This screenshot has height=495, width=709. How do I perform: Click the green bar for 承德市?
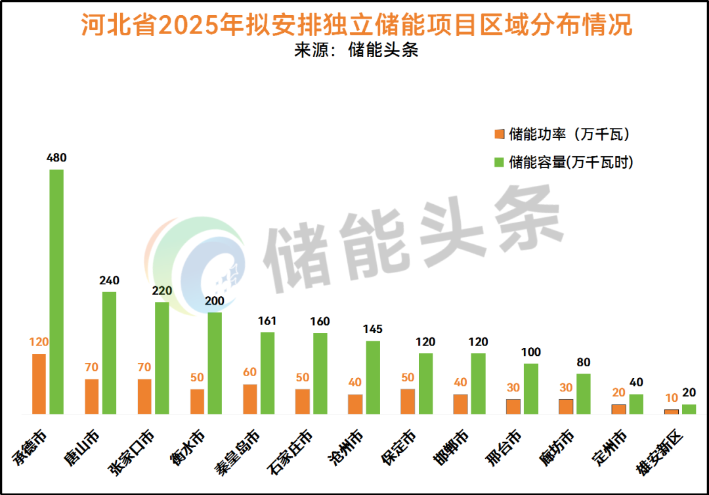[56, 292]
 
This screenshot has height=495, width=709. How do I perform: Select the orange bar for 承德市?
[39, 384]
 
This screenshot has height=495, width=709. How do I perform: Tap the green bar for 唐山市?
[109, 353]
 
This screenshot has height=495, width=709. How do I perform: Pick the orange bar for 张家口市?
[144, 397]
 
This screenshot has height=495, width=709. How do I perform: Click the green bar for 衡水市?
[215, 363]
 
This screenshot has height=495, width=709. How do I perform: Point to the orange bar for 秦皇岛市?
[249, 399]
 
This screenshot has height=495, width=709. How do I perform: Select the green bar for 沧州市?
[373, 377]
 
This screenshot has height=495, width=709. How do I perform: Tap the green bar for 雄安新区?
[689, 409]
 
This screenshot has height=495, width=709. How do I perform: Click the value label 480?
[56, 158]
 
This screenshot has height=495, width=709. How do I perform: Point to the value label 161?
[267, 321]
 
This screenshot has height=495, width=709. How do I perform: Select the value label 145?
[372, 330]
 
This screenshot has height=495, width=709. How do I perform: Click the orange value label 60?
[249, 373]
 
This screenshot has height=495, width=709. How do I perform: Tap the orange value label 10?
[671, 398]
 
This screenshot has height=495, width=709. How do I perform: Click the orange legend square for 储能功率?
[499, 135]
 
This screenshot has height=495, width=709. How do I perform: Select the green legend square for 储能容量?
[499, 162]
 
